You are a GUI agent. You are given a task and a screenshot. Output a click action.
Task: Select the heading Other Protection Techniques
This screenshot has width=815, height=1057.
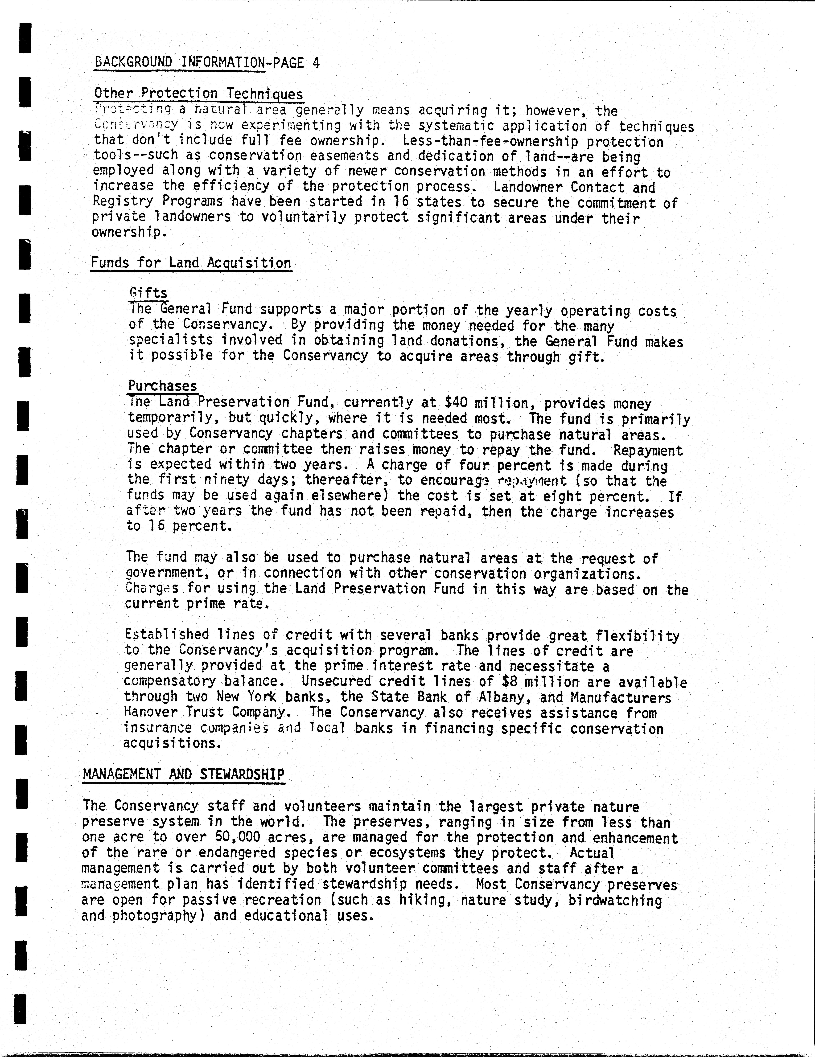coord(198,93)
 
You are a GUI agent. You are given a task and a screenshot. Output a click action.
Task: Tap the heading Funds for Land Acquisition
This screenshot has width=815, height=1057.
coord(191,263)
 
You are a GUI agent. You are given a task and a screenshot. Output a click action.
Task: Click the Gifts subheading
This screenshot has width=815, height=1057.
coord(148,293)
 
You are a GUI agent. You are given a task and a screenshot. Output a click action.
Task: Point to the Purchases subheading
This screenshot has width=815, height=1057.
coord(163,386)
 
